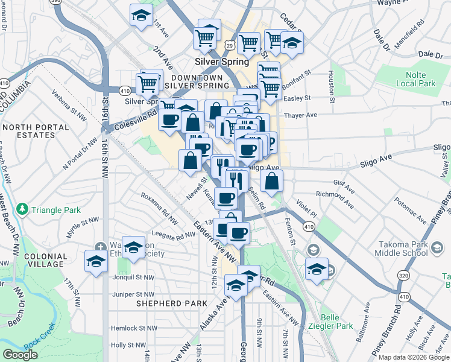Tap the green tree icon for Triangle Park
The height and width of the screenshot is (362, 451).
pos(23,209)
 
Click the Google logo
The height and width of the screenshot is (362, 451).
pos(20,355)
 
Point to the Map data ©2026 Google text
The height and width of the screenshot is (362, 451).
pos(414,357)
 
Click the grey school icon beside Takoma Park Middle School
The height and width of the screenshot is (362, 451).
pos(313,249)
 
